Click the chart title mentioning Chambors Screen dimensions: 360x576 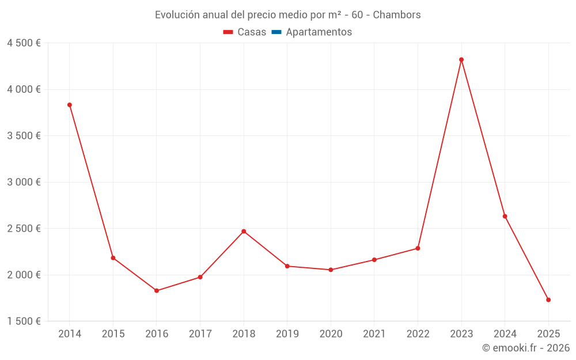[287, 14]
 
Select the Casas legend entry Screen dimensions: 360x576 [245, 32]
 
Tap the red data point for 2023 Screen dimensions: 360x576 [461, 59]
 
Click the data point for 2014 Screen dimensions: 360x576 [70, 105]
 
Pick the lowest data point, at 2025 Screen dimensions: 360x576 [548, 300]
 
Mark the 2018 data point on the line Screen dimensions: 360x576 [244, 231]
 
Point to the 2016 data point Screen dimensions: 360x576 [157, 290]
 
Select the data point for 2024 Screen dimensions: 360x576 [505, 216]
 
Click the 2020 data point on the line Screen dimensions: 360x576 [331, 270]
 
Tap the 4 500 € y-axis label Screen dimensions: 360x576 [24, 43]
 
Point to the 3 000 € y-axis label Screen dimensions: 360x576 [24, 182]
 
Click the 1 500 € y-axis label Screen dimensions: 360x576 [24, 321]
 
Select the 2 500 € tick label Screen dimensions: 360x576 [24, 229]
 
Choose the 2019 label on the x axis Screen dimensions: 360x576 [287, 334]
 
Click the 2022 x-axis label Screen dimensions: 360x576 [418, 334]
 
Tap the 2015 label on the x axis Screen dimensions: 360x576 [113, 334]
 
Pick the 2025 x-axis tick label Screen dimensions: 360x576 [548, 334]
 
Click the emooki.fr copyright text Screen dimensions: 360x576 [525, 348]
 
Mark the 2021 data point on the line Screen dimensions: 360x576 [374, 260]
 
